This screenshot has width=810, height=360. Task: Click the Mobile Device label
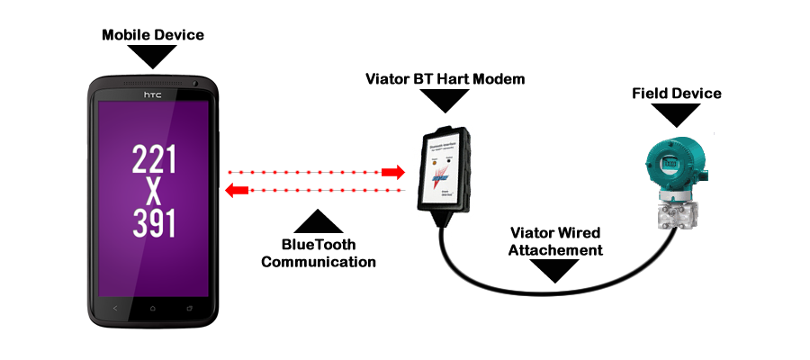click(153, 35)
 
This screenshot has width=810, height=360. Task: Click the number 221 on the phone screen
click(154, 160)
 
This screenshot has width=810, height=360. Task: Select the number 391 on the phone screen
click(154, 223)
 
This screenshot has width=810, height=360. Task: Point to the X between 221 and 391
click(154, 192)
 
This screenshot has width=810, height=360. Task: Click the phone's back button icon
click(115, 309)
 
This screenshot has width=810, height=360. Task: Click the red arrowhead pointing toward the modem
click(393, 171)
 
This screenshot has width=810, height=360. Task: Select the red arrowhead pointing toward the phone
click(237, 190)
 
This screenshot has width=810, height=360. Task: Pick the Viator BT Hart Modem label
click(445, 79)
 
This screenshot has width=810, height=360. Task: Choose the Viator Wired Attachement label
click(555, 241)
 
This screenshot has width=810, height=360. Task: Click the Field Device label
click(677, 93)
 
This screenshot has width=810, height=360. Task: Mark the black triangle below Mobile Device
click(153, 56)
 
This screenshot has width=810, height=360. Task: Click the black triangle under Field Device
click(677, 114)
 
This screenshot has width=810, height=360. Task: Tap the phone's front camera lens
click(195, 85)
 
